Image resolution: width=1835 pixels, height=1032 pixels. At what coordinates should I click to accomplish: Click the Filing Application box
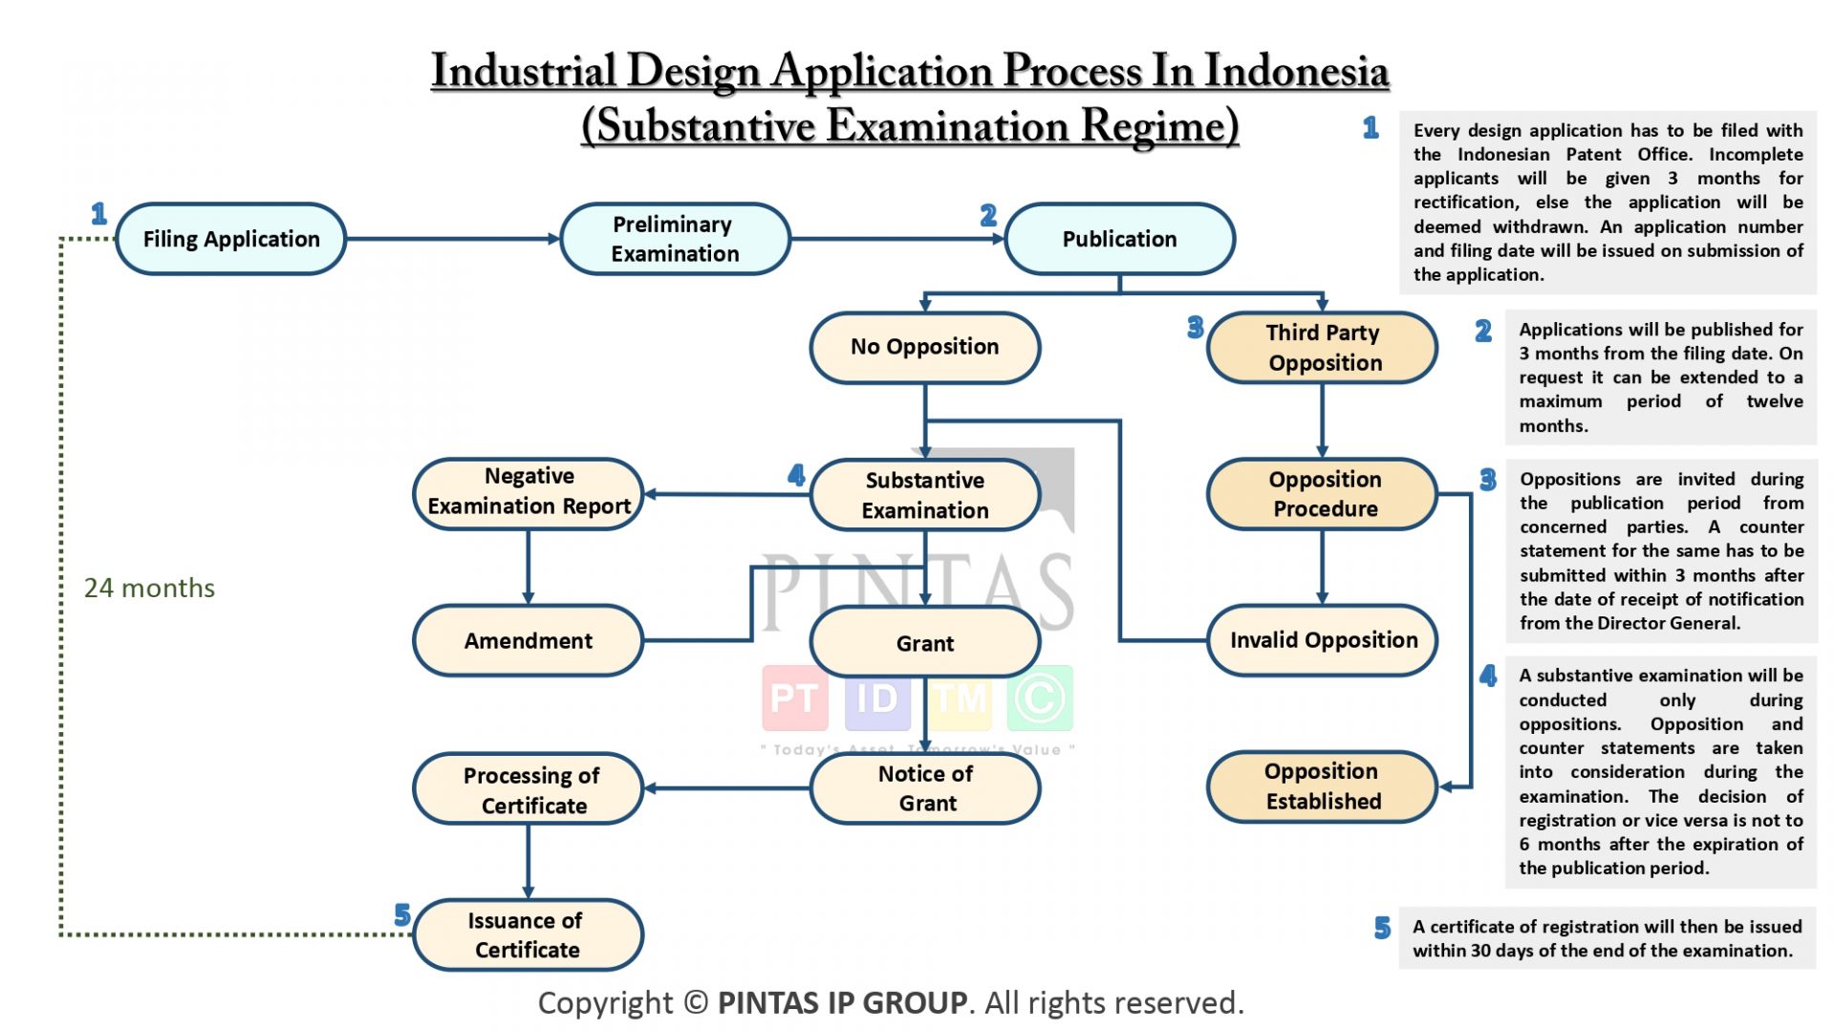coord(230,239)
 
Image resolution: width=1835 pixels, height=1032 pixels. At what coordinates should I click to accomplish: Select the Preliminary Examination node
coord(675,239)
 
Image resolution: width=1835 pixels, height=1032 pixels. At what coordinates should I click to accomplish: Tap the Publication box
coord(1119,239)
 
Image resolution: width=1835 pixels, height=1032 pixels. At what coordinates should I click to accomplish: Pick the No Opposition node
coord(924,347)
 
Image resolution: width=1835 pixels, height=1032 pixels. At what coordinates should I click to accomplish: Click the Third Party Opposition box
coord(1323,348)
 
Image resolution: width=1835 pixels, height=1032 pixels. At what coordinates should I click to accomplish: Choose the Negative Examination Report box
coord(529,491)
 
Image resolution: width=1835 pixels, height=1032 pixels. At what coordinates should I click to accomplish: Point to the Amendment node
coord(529,640)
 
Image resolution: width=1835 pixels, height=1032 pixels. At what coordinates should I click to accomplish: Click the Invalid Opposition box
coord(1323,640)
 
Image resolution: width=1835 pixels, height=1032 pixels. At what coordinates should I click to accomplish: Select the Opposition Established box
coord(1323,785)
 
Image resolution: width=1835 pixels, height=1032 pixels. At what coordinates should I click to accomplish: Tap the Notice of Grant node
coord(925,788)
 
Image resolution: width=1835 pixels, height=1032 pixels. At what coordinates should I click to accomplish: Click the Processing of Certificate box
coord(529,789)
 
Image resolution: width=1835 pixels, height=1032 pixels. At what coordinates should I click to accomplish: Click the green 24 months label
coord(149,588)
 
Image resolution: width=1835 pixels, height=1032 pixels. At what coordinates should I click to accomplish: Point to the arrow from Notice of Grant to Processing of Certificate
coord(726,788)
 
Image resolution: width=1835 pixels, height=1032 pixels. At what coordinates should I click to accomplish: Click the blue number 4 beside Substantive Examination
coord(796,475)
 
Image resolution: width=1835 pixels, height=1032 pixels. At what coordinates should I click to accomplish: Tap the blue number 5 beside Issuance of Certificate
coord(402,915)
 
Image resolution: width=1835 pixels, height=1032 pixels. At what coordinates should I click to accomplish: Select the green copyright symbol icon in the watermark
coord(1040,699)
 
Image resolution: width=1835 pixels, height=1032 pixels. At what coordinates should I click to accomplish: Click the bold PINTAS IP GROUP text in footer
coord(842,1002)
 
